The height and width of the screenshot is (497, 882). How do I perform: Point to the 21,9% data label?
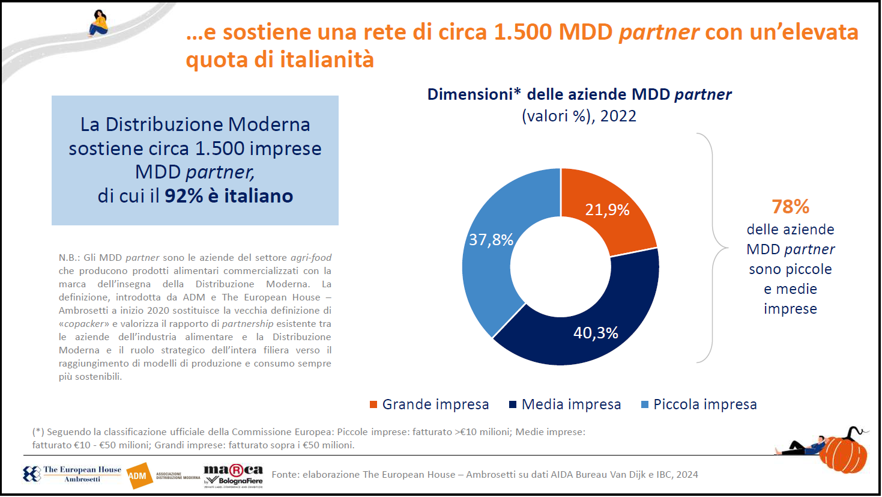607,210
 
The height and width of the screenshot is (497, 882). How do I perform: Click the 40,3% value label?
596,333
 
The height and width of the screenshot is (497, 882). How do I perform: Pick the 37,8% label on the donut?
491,240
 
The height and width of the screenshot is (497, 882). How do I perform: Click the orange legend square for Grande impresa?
373,404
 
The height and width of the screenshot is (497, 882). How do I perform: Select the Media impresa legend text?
571,404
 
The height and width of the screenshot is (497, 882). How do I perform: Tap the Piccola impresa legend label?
705,404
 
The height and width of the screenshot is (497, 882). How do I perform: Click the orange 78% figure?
790,207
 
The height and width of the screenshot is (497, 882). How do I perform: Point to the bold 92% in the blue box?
184,196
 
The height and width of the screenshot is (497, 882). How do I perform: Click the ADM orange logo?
139,475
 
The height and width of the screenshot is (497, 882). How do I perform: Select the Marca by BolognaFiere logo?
233,475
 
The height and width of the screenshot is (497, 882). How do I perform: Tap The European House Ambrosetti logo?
73,474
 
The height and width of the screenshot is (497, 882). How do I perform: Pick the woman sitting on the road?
99,23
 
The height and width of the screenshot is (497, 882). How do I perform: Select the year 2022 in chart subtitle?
618,116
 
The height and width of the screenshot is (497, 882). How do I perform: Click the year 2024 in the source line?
687,475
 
